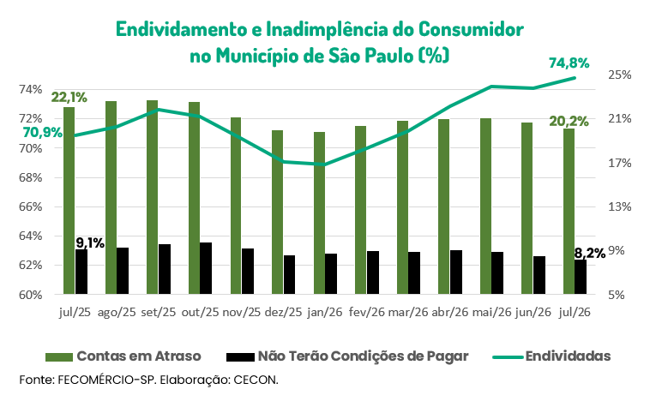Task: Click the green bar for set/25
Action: click(152, 197)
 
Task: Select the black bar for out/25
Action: click(206, 268)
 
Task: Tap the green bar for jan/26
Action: click(319, 213)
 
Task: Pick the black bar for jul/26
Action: click(581, 277)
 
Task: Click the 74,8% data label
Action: click(569, 63)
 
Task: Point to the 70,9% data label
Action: click(43, 133)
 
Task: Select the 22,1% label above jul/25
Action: click(69, 98)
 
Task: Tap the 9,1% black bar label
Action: click(90, 243)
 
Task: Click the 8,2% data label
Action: click(590, 254)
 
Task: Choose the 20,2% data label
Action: click(569, 122)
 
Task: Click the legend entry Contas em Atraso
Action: click(123, 356)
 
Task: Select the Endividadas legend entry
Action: click(551, 356)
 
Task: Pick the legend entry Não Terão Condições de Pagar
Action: click(347, 356)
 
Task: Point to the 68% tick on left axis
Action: click(30, 177)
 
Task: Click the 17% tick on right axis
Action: click(619, 163)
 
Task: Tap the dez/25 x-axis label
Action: click(283, 312)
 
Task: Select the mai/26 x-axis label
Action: click(491, 312)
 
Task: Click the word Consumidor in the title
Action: click(471, 29)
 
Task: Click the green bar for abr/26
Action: click(443, 206)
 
